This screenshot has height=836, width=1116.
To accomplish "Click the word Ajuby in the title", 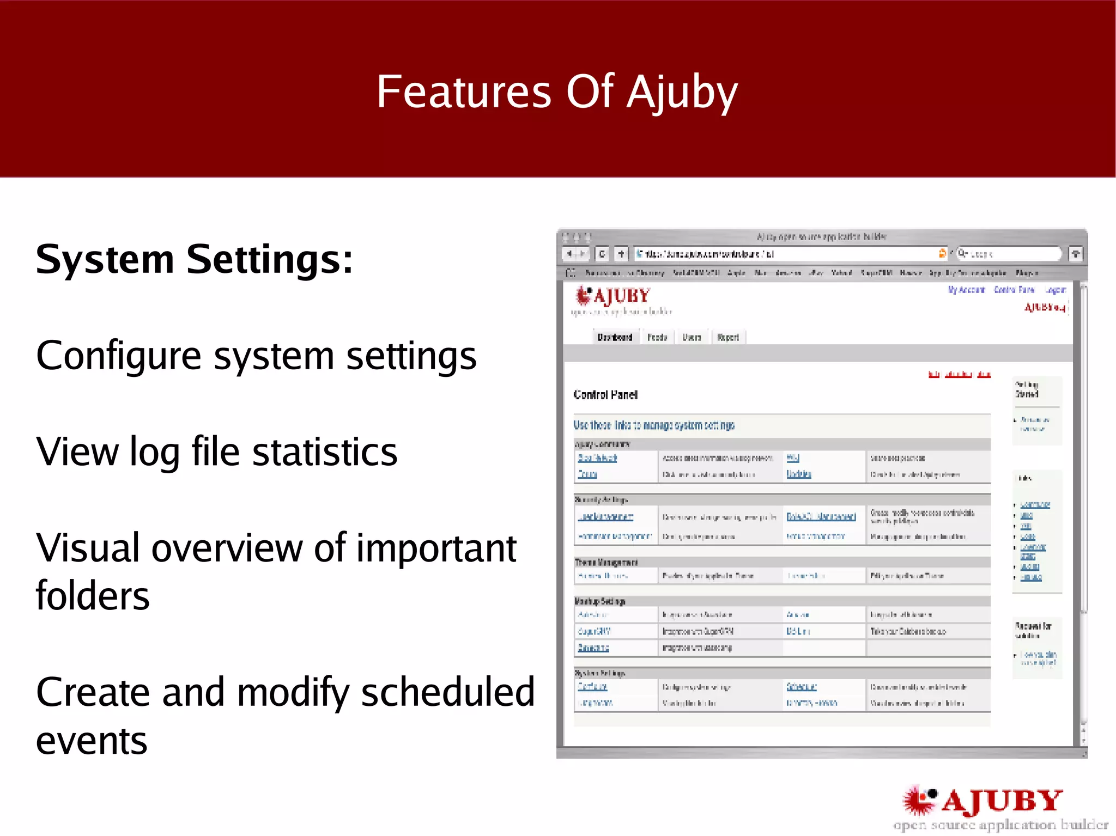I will pyautogui.click(x=682, y=93).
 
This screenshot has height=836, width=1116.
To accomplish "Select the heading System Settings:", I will pyautogui.click(x=194, y=259).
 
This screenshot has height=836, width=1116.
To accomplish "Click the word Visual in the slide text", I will pyautogui.click(x=87, y=548).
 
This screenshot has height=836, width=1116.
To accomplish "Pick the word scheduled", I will pyautogui.click(x=447, y=692).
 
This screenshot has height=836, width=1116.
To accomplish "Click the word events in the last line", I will pyautogui.click(x=92, y=741).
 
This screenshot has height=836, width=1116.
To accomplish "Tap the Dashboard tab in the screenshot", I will pyautogui.click(x=615, y=337).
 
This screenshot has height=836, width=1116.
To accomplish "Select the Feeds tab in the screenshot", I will pyautogui.click(x=657, y=337).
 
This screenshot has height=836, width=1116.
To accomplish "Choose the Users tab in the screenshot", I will pyautogui.click(x=692, y=337).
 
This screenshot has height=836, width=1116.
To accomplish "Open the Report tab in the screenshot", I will pyautogui.click(x=728, y=337).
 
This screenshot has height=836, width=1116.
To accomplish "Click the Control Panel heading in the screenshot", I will pyautogui.click(x=605, y=395).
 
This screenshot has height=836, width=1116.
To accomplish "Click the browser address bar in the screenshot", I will pyautogui.click(x=785, y=254).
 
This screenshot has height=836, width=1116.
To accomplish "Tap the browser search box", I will pyautogui.click(x=1008, y=254).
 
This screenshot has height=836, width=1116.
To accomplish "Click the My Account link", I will pyautogui.click(x=966, y=290).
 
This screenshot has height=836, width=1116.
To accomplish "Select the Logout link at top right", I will pyautogui.click(x=1055, y=290).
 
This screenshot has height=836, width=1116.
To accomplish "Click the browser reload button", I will pyautogui.click(x=602, y=254).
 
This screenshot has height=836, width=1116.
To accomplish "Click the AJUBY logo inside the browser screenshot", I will pyautogui.click(x=614, y=297).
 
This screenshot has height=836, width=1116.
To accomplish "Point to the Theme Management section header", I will pyautogui.click(x=606, y=562).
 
